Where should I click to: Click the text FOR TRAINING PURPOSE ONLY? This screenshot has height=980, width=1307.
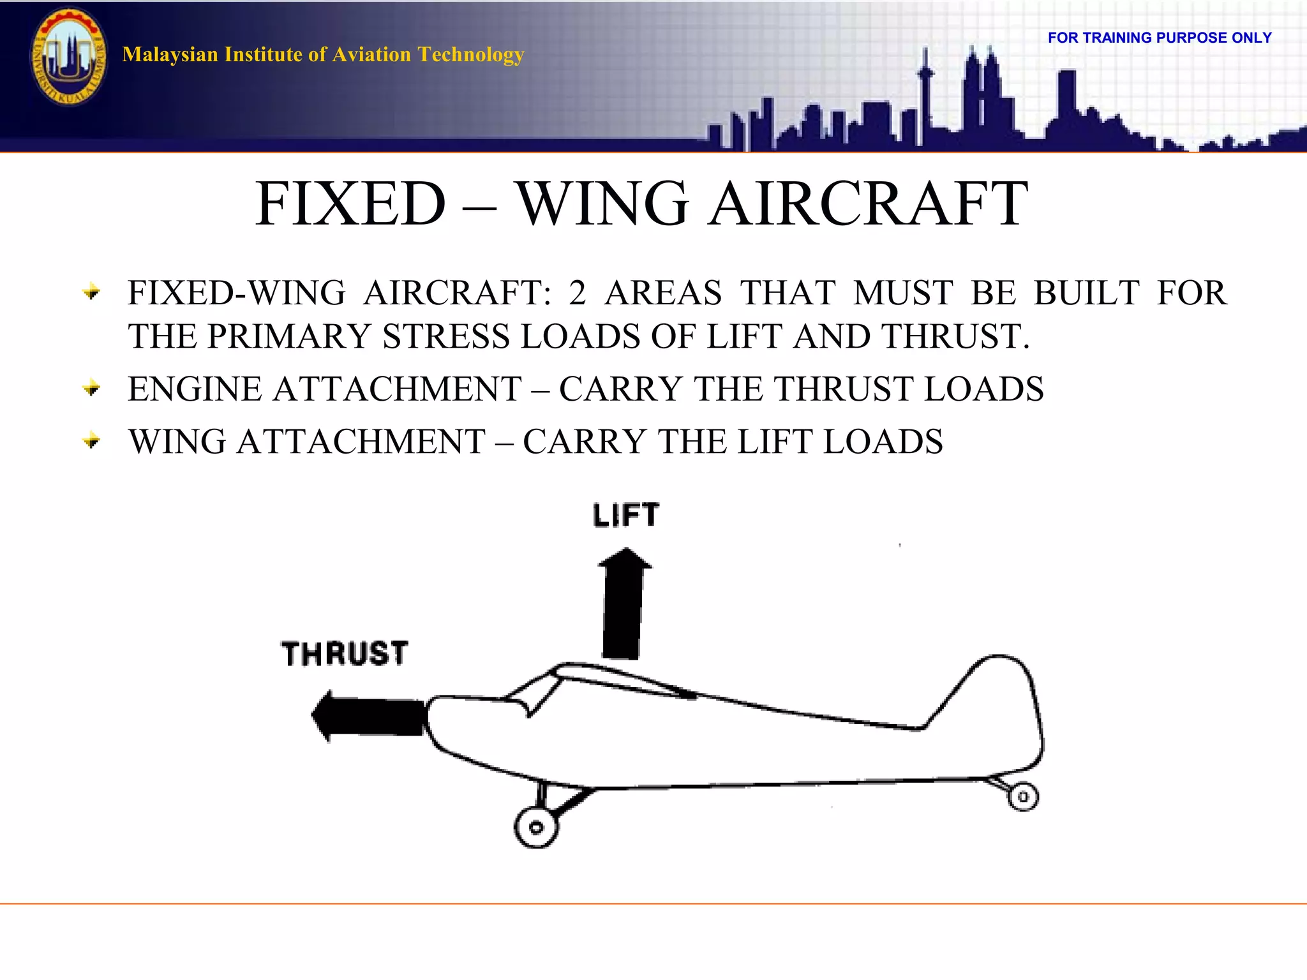coord(1159,38)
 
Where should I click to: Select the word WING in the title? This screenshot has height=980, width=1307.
coord(602,204)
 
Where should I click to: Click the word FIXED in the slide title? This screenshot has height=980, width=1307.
coord(350,204)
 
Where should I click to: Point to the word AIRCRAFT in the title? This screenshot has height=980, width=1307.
coord(868,204)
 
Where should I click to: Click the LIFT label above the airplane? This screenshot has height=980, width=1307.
coord(625,516)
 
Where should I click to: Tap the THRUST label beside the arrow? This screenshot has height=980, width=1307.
coord(345,654)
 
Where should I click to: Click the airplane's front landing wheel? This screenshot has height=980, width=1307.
coord(536,828)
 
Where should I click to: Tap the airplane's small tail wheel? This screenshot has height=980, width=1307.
coord(1023,797)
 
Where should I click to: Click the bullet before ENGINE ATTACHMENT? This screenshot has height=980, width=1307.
coord(92,388)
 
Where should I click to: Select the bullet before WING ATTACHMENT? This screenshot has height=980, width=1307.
coord(92,440)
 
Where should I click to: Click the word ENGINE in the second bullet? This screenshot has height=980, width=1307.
coord(194,389)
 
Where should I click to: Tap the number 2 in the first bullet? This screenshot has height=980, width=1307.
coord(577,293)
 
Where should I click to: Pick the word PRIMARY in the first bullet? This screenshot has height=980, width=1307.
coord(289,336)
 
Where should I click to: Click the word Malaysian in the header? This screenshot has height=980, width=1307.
coord(170,55)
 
